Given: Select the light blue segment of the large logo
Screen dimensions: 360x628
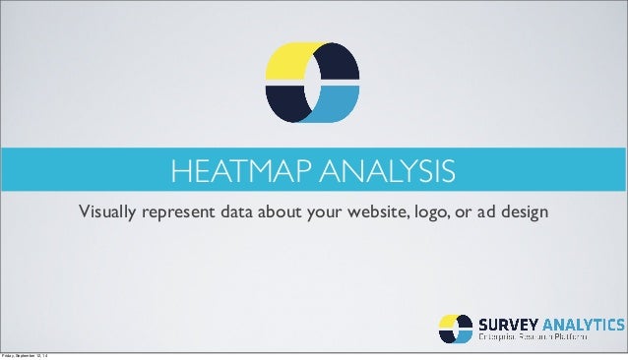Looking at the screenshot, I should (x=339, y=104).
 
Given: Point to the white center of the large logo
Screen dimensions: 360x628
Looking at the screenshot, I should (x=314, y=85).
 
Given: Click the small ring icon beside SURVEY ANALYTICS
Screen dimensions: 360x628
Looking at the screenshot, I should (x=455, y=329).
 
